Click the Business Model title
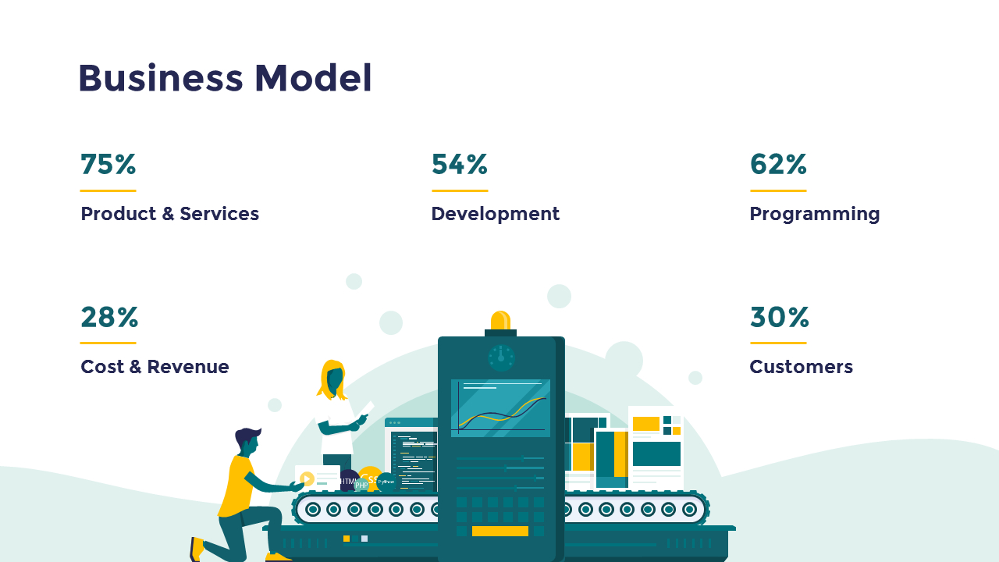(225, 78)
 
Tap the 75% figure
(108, 165)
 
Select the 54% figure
(460, 165)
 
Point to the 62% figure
(778, 165)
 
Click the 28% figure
(109, 318)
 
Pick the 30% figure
(779, 318)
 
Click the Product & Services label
(169, 214)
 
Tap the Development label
(495, 214)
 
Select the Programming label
(814, 214)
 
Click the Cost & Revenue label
(155, 367)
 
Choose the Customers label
(801, 367)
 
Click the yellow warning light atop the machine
(500, 320)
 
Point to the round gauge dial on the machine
(501, 357)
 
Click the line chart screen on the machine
(500, 408)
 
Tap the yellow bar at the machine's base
(499, 532)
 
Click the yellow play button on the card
(307, 479)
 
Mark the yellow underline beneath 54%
(460, 190)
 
